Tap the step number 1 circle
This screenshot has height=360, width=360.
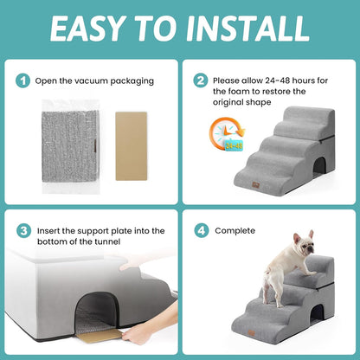click(23, 80)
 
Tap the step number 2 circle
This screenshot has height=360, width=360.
click(201, 80)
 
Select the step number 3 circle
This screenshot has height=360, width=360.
click(23, 231)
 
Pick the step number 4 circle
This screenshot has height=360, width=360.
click(201, 231)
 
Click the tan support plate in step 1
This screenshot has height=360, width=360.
click(132, 145)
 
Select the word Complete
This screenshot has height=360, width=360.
click(235, 231)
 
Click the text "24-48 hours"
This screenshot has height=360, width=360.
click(279, 80)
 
